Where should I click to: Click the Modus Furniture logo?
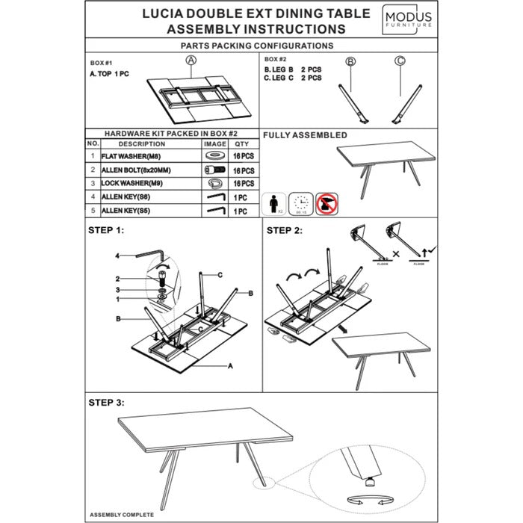(407, 19)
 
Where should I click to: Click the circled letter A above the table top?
(191, 61)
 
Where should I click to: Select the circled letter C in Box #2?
(400, 61)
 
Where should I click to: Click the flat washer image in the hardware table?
(214, 156)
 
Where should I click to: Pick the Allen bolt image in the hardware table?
(214, 170)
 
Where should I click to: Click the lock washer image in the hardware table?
(214, 183)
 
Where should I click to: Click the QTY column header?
(241, 143)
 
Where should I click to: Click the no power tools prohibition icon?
(326, 201)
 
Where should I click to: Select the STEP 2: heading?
(284, 230)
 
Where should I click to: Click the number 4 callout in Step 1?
(117, 256)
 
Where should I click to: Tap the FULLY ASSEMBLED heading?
(306, 135)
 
